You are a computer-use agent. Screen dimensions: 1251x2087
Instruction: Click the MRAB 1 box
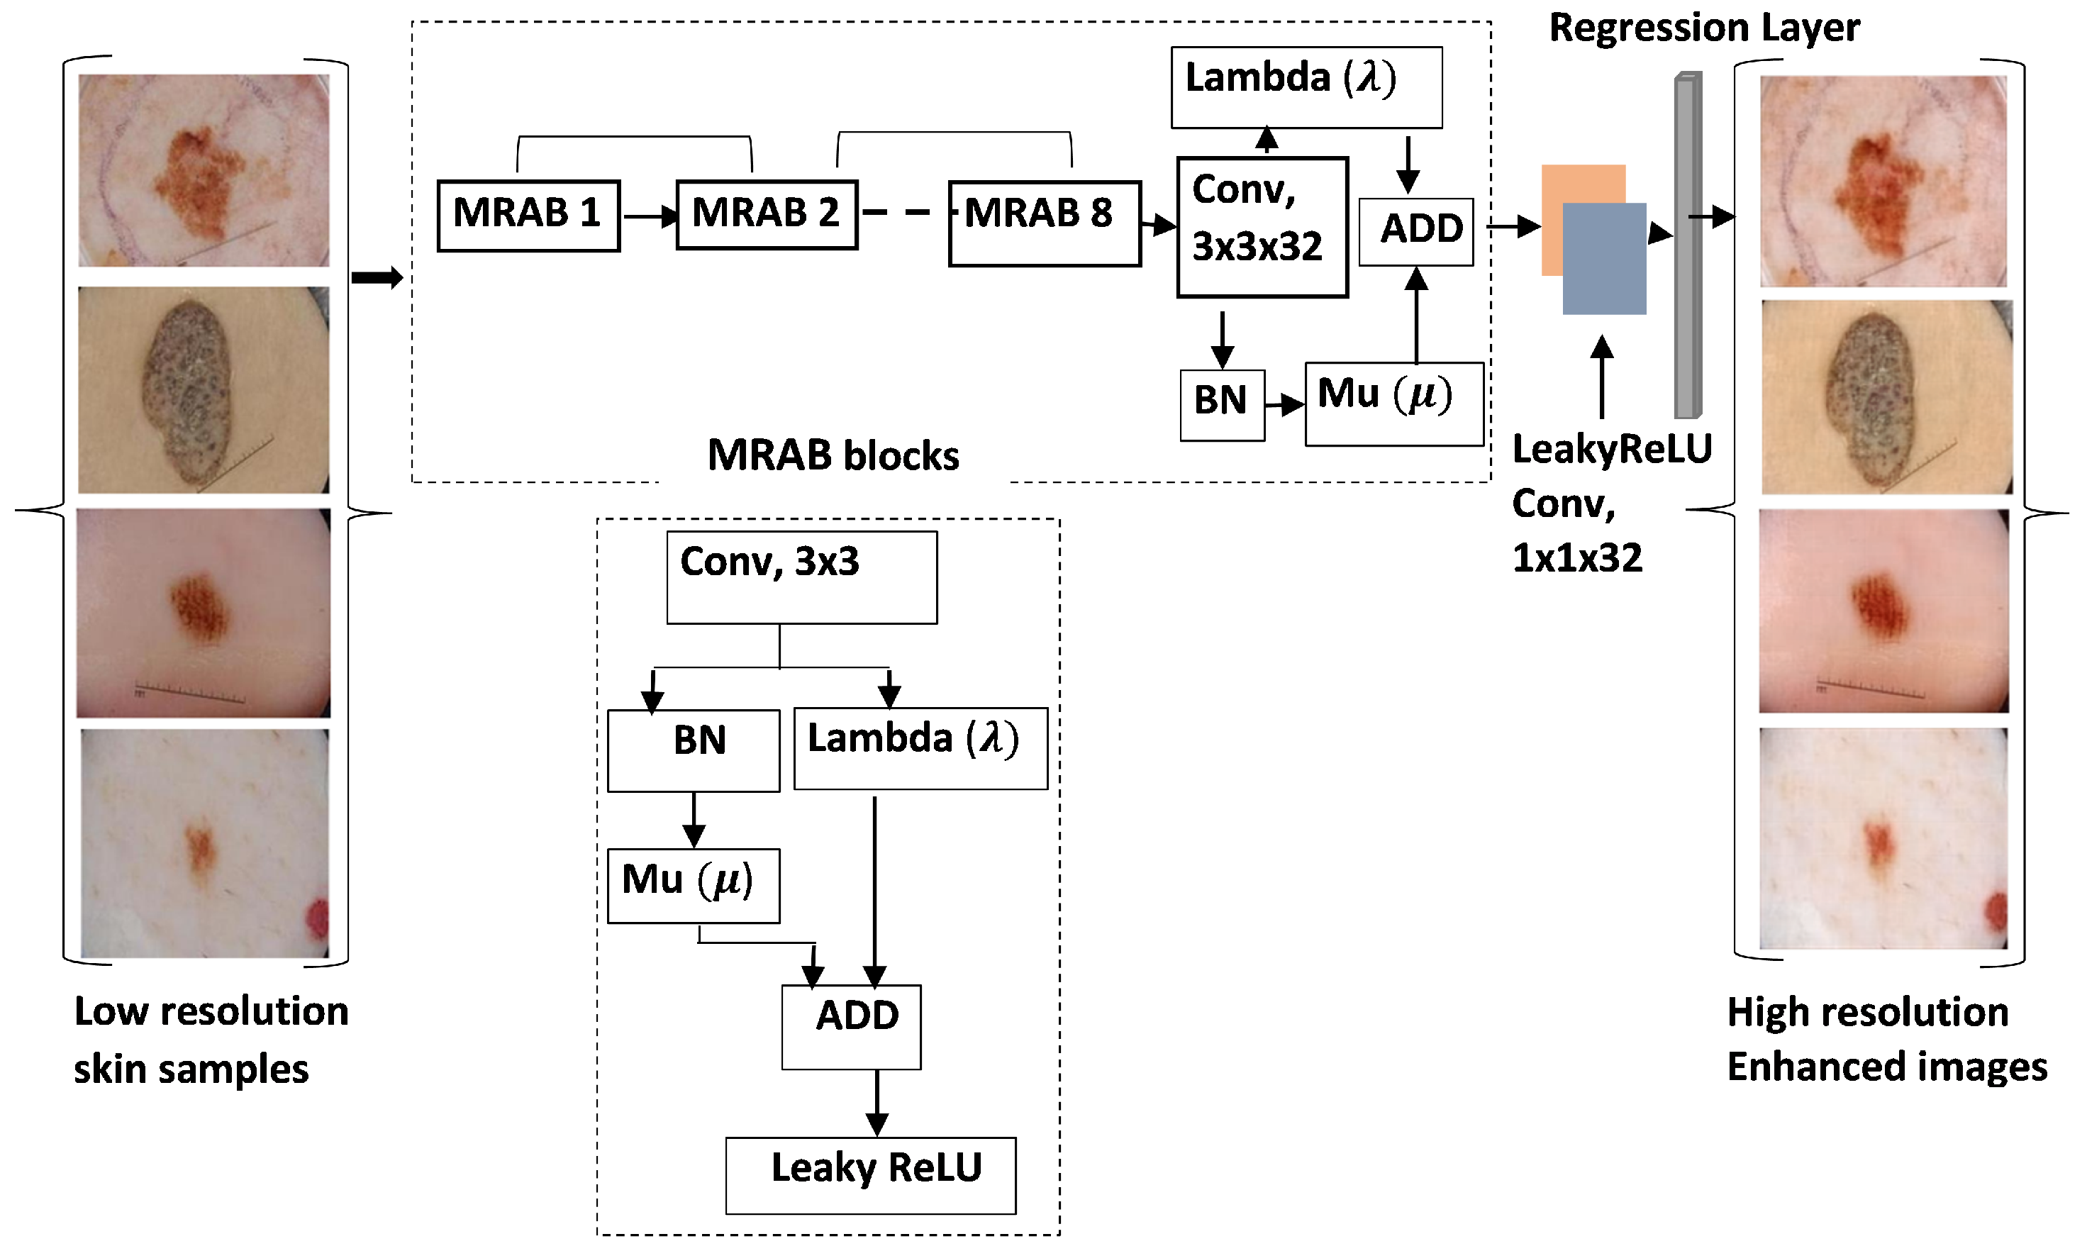point(528,216)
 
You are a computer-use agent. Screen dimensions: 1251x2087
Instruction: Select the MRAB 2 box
point(766,215)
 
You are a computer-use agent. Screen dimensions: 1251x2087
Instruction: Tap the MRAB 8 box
point(1045,223)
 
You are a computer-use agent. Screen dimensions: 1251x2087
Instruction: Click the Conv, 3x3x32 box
point(1262,227)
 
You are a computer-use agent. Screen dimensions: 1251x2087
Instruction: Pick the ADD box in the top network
point(1416,232)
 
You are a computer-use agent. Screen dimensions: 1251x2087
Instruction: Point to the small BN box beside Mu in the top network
point(1221,405)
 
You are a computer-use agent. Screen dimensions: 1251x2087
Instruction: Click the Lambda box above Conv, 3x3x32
point(1306,87)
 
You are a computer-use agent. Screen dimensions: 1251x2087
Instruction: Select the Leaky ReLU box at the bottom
point(871,1175)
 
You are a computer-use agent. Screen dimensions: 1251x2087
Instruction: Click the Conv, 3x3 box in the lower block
point(801,577)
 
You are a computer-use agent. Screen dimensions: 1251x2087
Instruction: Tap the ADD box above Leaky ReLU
point(851,1026)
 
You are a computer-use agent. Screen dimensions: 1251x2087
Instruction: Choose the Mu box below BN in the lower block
point(693,885)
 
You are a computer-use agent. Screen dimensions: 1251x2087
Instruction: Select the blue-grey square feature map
point(1604,260)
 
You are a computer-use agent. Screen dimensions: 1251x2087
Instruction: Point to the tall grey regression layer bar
point(1686,245)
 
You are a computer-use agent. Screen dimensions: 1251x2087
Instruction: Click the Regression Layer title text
point(1703,28)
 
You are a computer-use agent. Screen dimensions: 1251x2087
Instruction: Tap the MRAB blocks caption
point(833,455)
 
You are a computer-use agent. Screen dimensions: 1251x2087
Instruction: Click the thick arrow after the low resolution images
point(377,277)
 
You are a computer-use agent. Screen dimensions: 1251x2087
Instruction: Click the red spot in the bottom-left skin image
point(318,919)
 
